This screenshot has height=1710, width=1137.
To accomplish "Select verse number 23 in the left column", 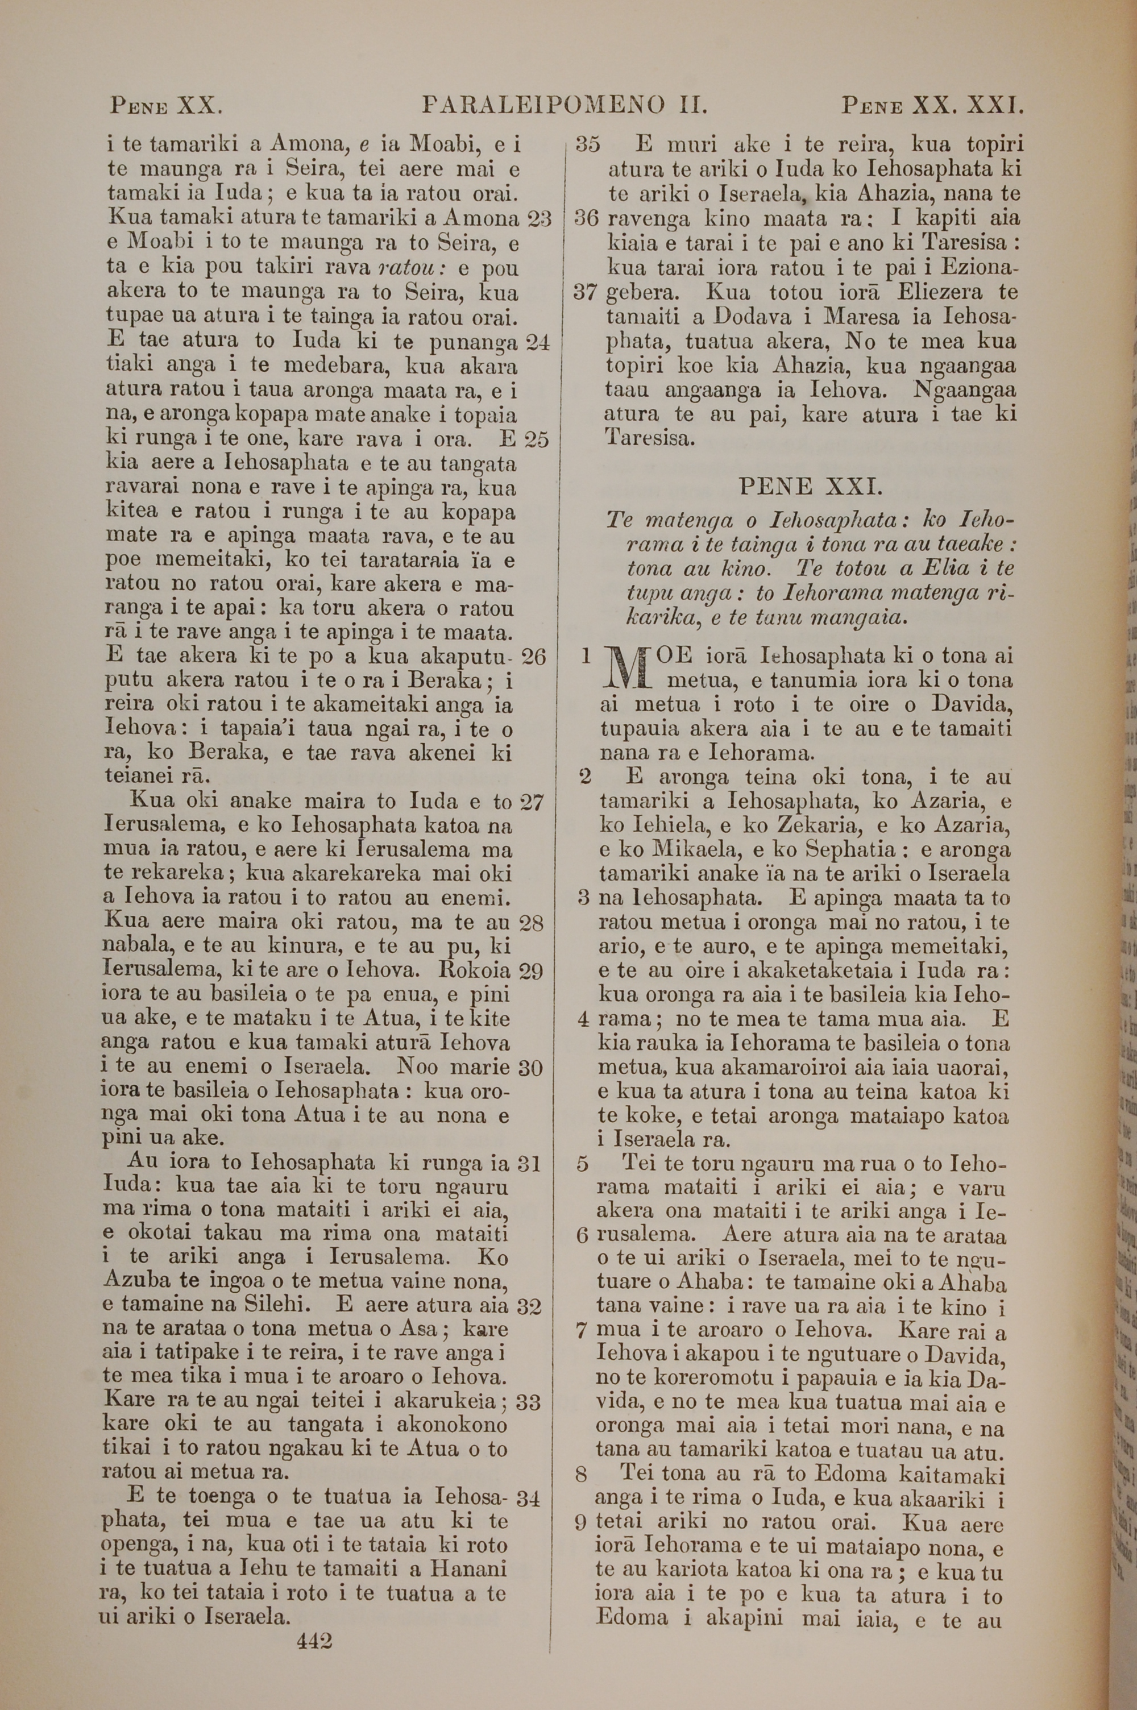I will (x=537, y=219).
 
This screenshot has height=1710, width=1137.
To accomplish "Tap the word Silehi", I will (x=279, y=1286).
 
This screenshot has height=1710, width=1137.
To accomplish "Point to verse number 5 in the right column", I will (x=582, y=1164).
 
